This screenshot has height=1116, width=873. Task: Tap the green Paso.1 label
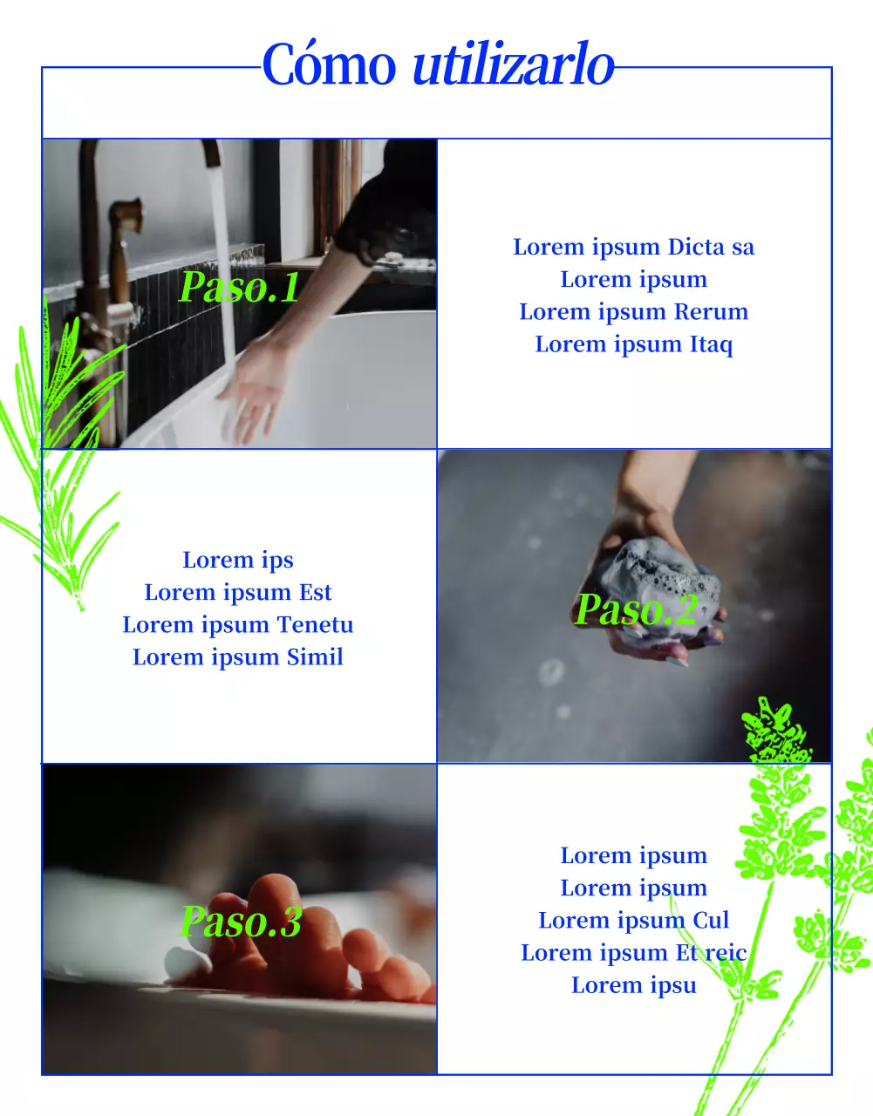tap(239, 287)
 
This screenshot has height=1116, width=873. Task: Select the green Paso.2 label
tap(636, 609)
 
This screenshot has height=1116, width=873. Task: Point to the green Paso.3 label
tap(241, 922)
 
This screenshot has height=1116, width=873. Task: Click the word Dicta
tap(696, 247)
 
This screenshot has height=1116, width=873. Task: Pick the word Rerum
tap(711, 312)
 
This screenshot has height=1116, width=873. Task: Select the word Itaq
tap(711, 345)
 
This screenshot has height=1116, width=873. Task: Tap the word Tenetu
tap(315, 624)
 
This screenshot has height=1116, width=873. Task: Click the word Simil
tap(315, 657)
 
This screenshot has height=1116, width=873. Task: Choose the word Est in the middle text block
tap(316, 592)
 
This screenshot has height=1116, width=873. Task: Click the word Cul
tap(711, 920)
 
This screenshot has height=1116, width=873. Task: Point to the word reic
tap(726, 953)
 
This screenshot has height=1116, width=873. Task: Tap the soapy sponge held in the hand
tap(660, 575)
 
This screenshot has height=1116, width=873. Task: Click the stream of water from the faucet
tap(223, 267)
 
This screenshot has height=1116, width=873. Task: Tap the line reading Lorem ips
tap(238, 561)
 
